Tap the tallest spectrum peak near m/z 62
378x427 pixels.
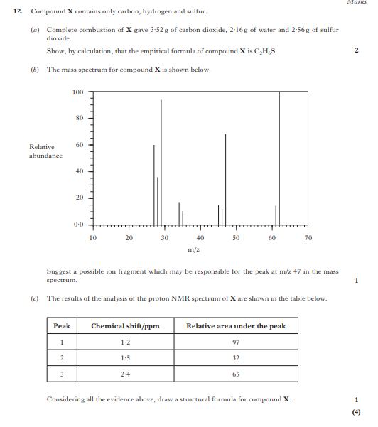tap(279, 156)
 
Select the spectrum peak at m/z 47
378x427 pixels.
tap(226, 178)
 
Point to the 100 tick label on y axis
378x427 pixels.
tap(78, 92)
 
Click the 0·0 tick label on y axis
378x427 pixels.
tap(78, 225)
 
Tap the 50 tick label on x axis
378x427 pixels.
tap(236, 238)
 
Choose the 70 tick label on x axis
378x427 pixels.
tap(308, 238)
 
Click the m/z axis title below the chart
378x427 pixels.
tap(193, 249)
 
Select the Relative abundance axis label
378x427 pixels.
tap(45, 151)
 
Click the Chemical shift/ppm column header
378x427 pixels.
tap(125, 326)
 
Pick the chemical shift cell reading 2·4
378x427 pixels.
tap(125, 374)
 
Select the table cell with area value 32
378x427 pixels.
tap(236, 358)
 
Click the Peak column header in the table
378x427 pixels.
tap(62, 326)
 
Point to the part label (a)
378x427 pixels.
tap(36, 31)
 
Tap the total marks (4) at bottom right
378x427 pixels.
tap(356, 411)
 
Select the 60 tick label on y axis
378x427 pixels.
tap(80, 144)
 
